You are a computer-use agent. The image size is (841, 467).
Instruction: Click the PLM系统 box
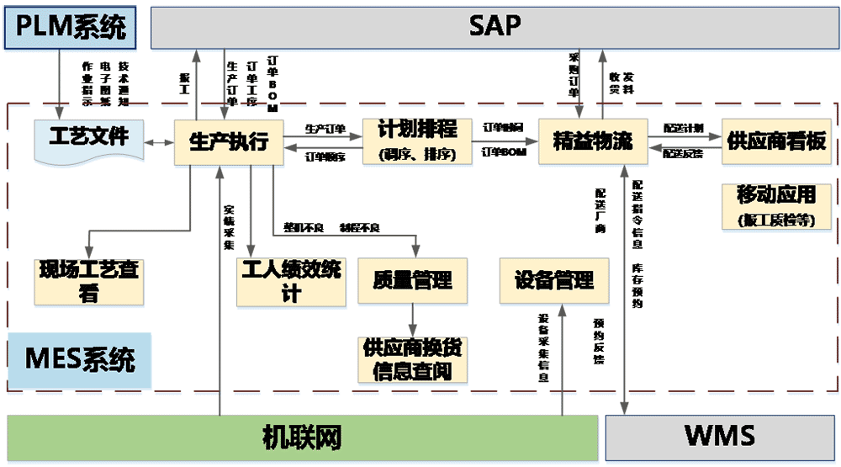[x=71, y=26]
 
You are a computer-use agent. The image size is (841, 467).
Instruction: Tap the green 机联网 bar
[x=302, y=438]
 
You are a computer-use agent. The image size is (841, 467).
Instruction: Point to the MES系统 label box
[x=79, y=360]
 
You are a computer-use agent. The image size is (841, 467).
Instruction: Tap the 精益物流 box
[x=592, y=141]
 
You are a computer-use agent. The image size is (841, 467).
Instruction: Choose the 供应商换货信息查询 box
[x=412, y=359]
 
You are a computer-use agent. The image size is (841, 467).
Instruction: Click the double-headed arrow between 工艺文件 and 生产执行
[x=158, y=143]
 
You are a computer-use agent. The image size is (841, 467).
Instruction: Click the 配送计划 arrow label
[x=682, y=127]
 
